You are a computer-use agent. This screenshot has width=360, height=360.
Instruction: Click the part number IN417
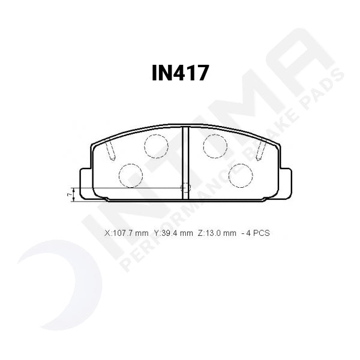click(180, 74)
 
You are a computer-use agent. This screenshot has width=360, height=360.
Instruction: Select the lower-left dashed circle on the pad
click(131, 175)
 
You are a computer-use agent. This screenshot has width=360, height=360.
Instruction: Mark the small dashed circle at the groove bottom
click(185, 188)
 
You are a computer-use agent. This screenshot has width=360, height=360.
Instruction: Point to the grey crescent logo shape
click(42, 282)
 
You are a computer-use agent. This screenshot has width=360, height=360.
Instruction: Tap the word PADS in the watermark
click(324, 90)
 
